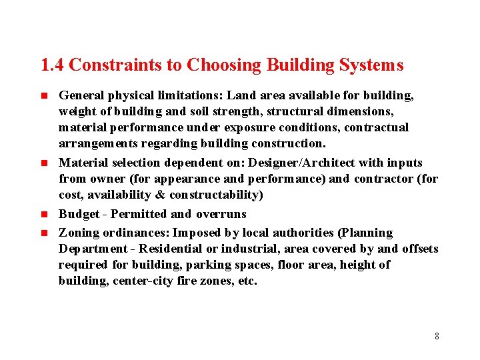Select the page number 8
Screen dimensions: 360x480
tap(437, 336)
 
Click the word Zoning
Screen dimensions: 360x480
tap(77, 233)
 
